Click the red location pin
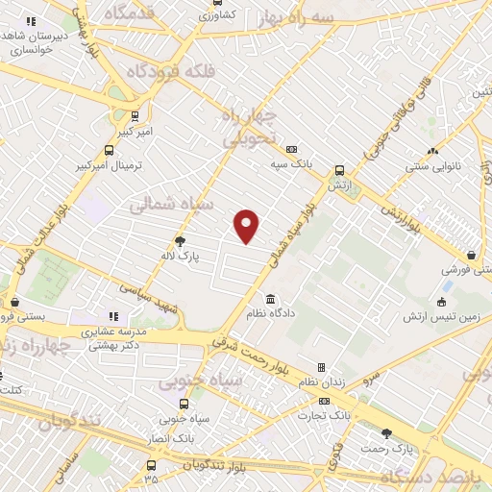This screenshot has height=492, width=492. [x=247, y=224]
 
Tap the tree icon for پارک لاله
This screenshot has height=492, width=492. [x=180, y=241]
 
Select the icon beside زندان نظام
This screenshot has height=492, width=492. [x=321, y=367]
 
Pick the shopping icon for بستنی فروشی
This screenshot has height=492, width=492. [x=471, y=256]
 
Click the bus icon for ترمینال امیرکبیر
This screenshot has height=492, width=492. [x=109, y=151]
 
